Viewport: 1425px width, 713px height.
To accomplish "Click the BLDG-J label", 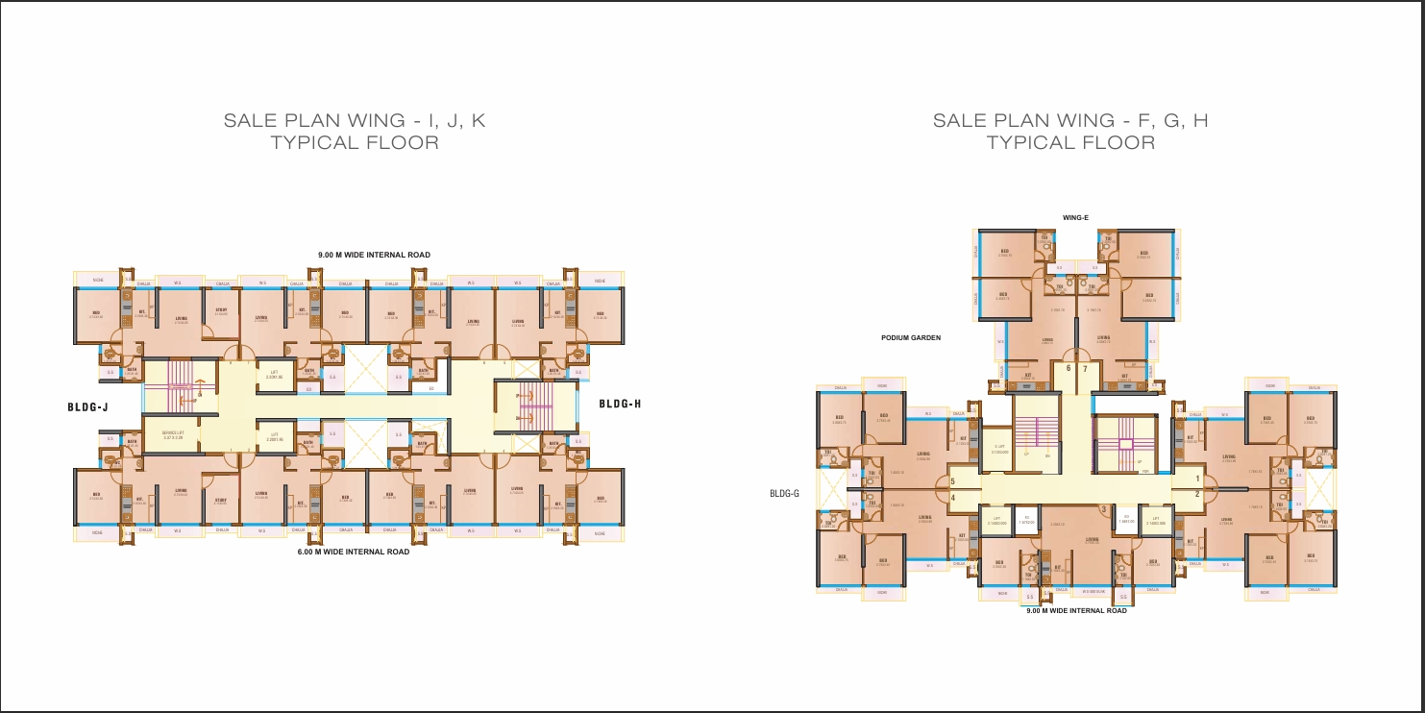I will (87, 407).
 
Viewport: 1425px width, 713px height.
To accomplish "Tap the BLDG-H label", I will (620, 404).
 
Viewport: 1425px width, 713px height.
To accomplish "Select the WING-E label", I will (1074, 218).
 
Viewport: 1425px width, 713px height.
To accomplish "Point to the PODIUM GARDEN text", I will (911, 338).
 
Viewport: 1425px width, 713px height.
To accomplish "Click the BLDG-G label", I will (785, 494).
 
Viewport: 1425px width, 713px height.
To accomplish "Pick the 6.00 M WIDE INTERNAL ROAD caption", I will (354, 553).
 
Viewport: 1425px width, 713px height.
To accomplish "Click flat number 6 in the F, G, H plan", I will (1069, 368).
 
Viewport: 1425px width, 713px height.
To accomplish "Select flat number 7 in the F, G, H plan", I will (1085, 368).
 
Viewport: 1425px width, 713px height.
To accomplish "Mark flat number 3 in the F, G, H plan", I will (1103, 509).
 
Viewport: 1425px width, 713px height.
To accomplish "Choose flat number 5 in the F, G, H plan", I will (952, 481).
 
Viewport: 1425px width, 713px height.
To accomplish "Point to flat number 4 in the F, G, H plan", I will (952, 498).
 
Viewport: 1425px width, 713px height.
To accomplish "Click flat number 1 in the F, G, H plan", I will (1197, 479).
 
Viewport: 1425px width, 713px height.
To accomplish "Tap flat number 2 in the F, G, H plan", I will (1197, 494).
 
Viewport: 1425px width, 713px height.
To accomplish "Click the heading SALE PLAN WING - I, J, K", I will (355, 121).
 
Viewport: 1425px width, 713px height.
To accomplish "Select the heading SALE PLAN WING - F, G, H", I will (1070, 121).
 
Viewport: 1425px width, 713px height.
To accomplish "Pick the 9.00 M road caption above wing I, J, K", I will (375, 255).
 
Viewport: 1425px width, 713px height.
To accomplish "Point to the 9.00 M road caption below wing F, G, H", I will (1076, 611).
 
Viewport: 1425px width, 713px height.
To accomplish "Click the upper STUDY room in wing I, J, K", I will (221, 312).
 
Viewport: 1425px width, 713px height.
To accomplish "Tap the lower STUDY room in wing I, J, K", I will (221, 500).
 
